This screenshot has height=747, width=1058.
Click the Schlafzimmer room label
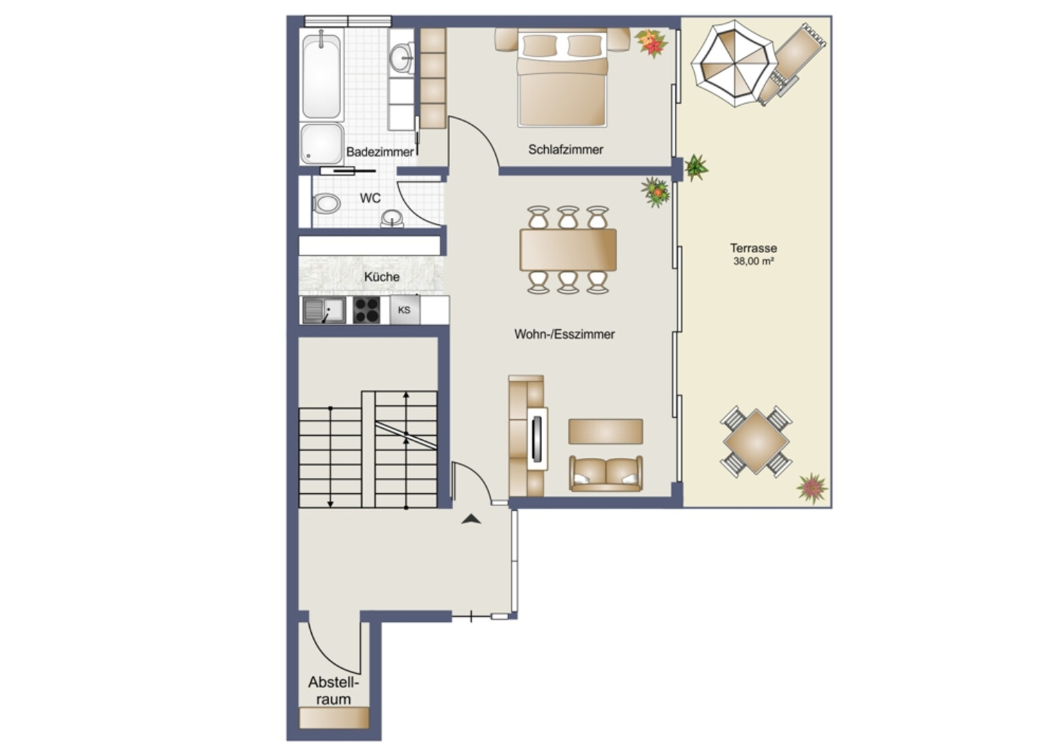(566, 150)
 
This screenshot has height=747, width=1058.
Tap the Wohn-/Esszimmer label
(564, 335)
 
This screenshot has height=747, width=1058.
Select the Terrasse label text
(753, 248)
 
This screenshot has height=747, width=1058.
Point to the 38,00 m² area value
(753, 261)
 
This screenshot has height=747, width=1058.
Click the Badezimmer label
(380, 152)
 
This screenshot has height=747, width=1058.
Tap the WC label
(370, 198)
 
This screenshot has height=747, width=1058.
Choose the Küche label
(382, 277)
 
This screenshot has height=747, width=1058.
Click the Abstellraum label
(333, 691)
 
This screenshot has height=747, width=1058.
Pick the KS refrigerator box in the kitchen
(405, 311)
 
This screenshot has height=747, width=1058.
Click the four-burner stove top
(366, 311)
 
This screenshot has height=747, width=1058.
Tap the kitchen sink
(324, 311)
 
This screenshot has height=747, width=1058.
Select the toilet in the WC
(326, 203)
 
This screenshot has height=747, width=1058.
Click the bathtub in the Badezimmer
(321, 77)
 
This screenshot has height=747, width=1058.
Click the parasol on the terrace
(734, 64)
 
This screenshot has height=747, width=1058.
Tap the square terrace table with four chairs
(756, 442)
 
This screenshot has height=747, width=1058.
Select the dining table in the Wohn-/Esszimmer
(568, 250)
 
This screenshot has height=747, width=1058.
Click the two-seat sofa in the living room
(606, 473)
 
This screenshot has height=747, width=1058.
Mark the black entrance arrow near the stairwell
(472, 519)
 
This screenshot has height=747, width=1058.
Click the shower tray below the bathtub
(322, 144)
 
